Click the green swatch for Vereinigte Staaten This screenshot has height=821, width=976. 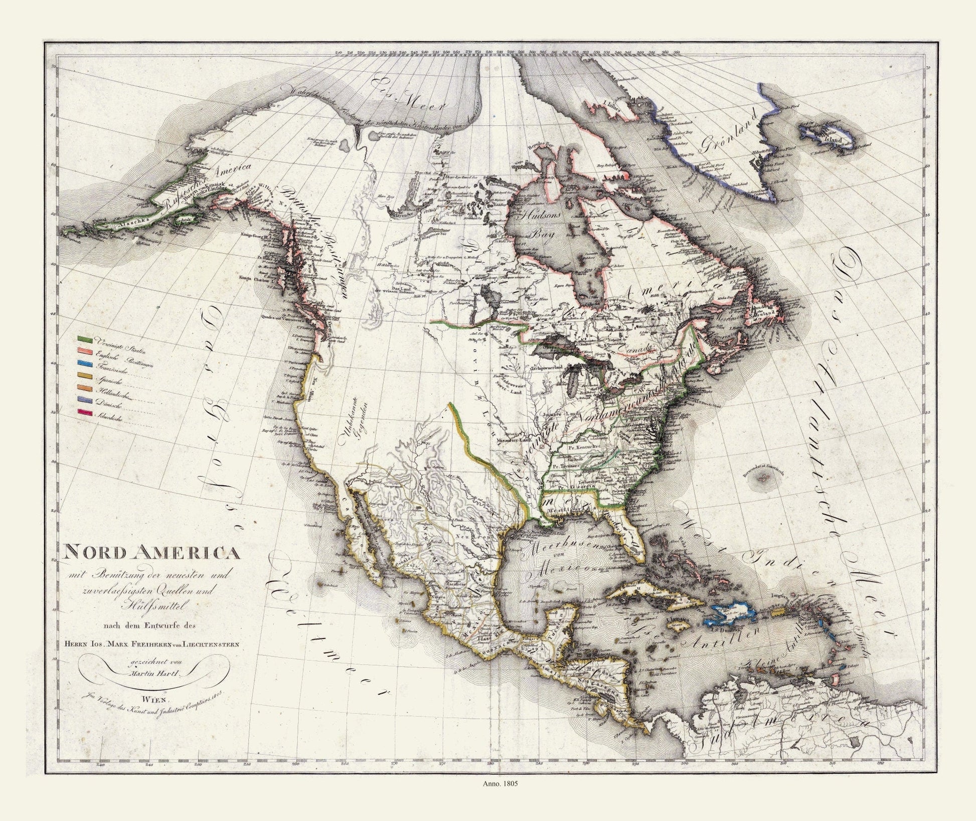83,340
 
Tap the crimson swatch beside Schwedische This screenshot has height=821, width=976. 83,412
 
